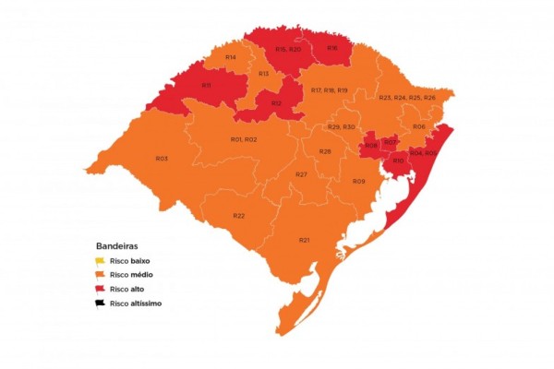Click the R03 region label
[x=162, y=159]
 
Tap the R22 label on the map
[x=239, y=215]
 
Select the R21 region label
[x=304, y=239]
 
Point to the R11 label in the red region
[x=207, y=86]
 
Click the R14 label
[x=230, y=58]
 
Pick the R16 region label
[x=331, y=48]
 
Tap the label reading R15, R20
[x=288, y=49]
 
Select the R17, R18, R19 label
[x=329, y=89]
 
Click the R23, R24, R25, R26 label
[x=406, y=98]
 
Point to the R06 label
[x=419, y=126]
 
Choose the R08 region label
[x=371, y=146]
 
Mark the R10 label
[x=398, y=161]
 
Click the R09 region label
[x=359, y=181]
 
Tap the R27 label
[x=302, y=174]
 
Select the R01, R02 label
[x=244, y=139]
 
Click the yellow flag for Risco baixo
[x=101, y=262]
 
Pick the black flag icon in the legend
[x=101, y=303]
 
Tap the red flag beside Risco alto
[x=101, y=289]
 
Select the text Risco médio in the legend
[x=132, y=275]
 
